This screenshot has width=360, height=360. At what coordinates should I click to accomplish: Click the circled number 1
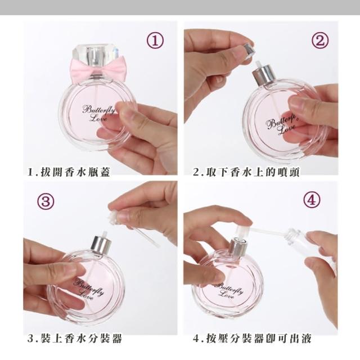click(155, 40)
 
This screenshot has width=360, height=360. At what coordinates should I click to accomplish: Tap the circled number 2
click(320, 40)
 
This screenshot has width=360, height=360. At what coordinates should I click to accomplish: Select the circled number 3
click(46, 201)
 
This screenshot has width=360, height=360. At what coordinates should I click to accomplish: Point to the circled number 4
click(312, 199)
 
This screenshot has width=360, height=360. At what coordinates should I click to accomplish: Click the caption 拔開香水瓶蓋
click(75, 172)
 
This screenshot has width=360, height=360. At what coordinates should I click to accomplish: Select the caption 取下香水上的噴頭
click(253, 172)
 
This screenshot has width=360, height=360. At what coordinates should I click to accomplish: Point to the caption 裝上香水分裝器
click(81, 339)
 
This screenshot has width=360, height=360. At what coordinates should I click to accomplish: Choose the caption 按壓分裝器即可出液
click(259, 339)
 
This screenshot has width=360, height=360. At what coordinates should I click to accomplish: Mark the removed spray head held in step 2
click(248, 49)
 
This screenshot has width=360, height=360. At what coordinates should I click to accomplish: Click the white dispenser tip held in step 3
click(113, 217)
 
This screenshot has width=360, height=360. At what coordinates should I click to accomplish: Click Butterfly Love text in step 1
click(98, 113)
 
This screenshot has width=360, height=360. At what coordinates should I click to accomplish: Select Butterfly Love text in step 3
click(88, 290)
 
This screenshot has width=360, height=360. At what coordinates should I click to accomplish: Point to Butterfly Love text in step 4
click(229, 290)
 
